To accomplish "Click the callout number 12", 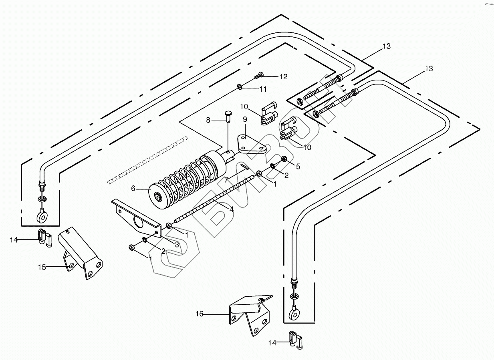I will point(283,77).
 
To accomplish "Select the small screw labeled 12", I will point(259,74).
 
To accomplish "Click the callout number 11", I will point(263,88).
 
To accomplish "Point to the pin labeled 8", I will point(228,116).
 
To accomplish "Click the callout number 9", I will point(245,119).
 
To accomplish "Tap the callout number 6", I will point(133,189).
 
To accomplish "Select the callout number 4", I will point(231,209).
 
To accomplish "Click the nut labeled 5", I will point(284,159).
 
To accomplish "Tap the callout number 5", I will point(298,166).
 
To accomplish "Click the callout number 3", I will point(177,244).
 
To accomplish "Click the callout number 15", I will point(42,267).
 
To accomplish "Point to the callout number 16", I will point(200,314).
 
